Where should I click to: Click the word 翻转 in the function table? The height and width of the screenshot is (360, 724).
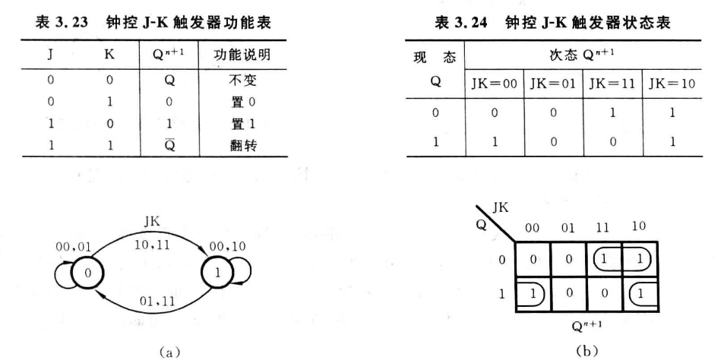tap(254, 145)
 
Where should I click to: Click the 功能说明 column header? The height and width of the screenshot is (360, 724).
tap(254, 55)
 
